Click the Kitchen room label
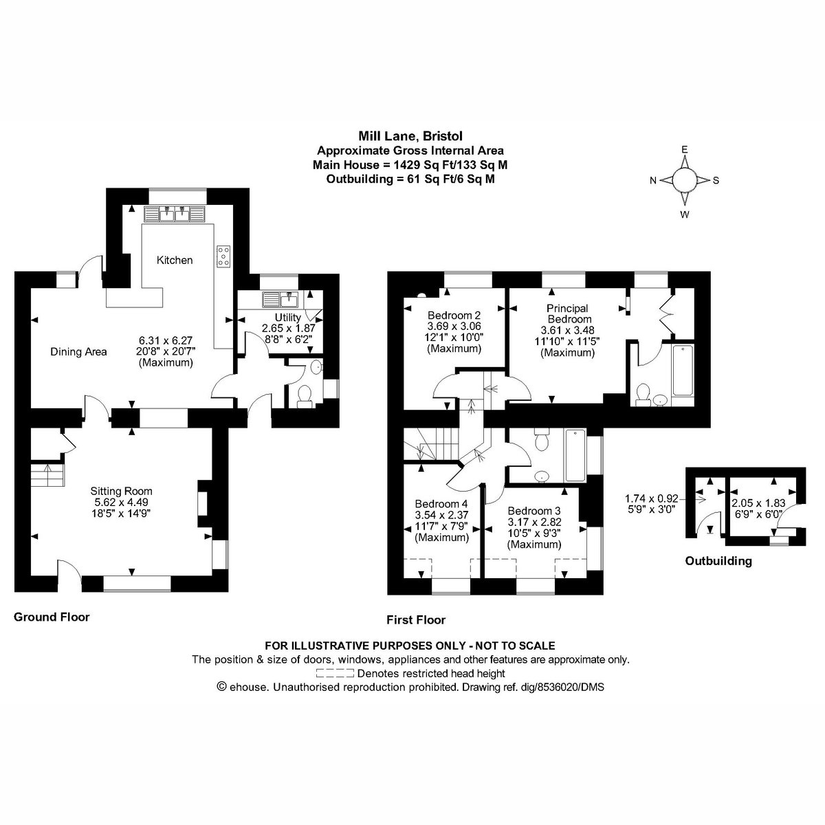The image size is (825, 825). pyautogui.click(x=174, y=260)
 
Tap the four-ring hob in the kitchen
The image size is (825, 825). pyautogui.click(x=223, y=256)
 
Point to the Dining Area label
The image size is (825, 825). pyautogui.click(x=78, y=351)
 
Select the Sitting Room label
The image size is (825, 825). pyautogui.click(x=121, y=491)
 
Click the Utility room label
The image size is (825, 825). pyautogui.click(x=287, y=317)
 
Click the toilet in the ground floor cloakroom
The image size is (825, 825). pyautogui.click(x=305, y=395)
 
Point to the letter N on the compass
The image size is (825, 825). pyautogui.click(x=653, y=181)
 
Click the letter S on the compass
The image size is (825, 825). pyautogui.click(x=716, y=181)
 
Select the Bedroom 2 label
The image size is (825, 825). pyautogui.click(x=454, y=316)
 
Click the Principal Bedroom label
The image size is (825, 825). pyautogui.click(x=567, y=313)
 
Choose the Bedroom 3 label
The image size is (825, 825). pyautogui.click(x=534, y=511)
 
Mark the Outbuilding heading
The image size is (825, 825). pyautogui.click(x=718, y=561)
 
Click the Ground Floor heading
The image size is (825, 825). pyautogui.click(x=52, y=617)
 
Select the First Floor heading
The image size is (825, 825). pyautogui.click(x=416, y=620)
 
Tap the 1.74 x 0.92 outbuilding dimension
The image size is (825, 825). pyautogui.click(x=652, y=498)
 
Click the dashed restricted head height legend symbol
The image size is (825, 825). pyautogui.click(x=335, y=673)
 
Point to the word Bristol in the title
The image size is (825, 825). pyautogui.click(x=443, y=136)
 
